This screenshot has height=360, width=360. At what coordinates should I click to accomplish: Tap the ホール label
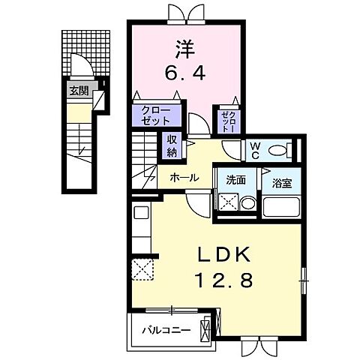(184, 178)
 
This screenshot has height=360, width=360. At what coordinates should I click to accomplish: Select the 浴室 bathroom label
(281, 181)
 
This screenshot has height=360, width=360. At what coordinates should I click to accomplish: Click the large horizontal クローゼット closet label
(157, 115)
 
